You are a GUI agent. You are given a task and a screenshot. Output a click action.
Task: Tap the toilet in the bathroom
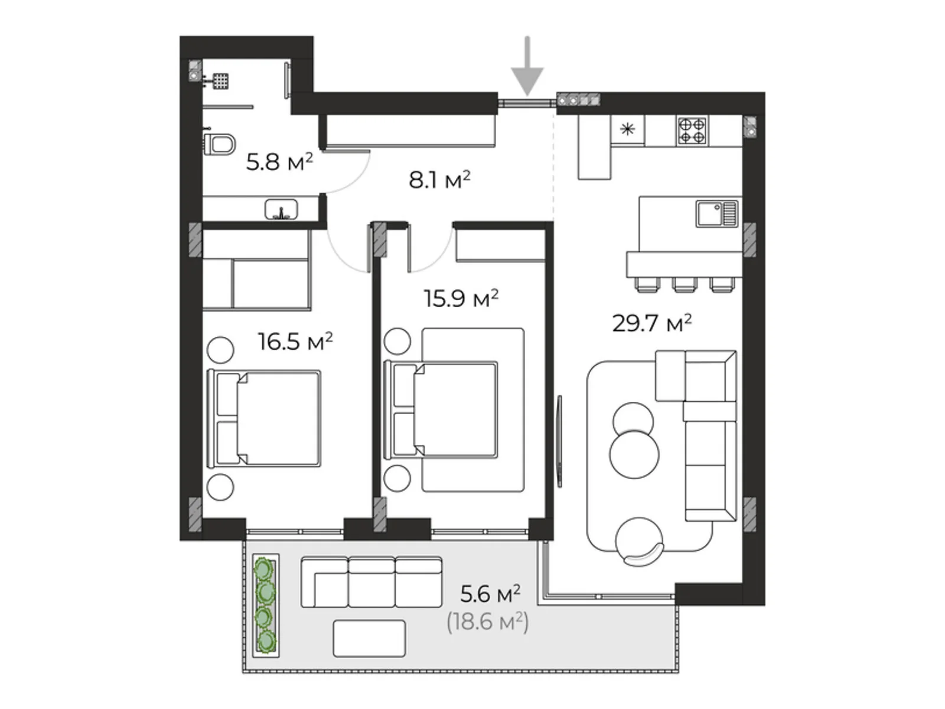(x=219, y=144)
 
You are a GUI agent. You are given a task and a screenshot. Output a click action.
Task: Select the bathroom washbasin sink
(x=281, y=209)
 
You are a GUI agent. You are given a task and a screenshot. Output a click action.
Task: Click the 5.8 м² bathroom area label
(x=279, y=162)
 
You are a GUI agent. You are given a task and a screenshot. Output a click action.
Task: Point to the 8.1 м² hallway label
(x=439, y=180)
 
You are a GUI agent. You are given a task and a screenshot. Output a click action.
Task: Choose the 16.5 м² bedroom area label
(x=295, y=342)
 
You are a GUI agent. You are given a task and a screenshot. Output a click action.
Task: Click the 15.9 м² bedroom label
(x=461, y=298)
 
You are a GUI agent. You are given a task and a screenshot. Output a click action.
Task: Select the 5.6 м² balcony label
(x=490, y=594)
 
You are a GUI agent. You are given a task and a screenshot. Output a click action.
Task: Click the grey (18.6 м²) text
(x=488, y=622)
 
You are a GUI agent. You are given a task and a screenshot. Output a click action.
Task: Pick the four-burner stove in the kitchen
(x=692, y=131)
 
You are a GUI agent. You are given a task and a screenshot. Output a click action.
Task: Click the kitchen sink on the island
(x=717, y=213)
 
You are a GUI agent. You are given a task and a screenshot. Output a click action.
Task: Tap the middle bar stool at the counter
(x=685, y=285)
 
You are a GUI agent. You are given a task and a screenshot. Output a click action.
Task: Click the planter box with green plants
(x=266, y=605)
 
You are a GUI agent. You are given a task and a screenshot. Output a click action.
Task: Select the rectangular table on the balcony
(x=369, y=639)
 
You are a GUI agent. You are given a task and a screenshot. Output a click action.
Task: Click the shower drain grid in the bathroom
(x=220, y=81)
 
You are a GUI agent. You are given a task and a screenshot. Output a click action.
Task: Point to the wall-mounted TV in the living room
(x=559, y=441)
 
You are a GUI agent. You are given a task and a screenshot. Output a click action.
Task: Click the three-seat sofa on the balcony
(x=371, y=582)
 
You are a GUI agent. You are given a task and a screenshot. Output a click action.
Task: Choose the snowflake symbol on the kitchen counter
(x=628, y=129)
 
